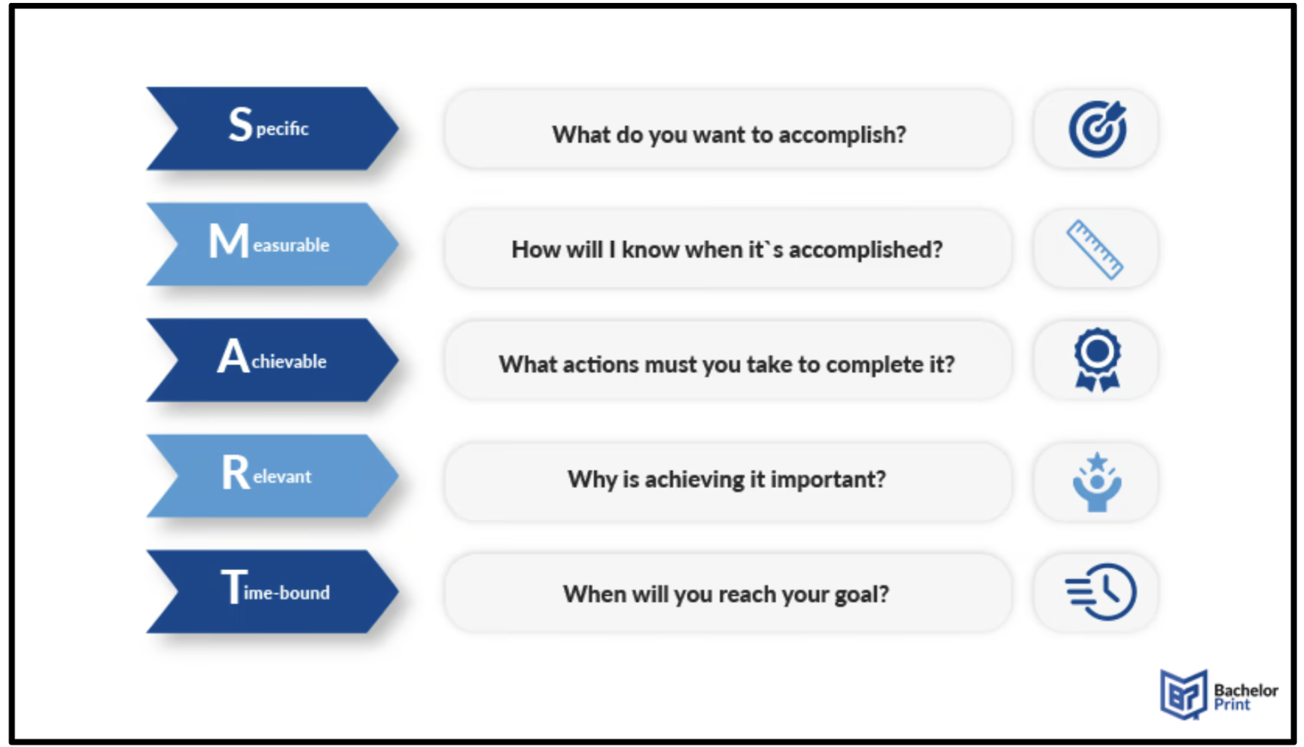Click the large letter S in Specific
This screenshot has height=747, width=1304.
[240, 124]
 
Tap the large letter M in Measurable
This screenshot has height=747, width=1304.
[228, 241]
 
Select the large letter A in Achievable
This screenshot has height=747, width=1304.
[233, 356]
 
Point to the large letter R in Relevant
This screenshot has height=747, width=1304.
[235, 472]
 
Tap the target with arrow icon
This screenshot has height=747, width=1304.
[1098, 129]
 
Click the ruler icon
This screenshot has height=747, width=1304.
[1095, 250]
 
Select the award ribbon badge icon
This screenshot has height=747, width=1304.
[1098, 360]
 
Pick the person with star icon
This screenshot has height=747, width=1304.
[1097, 482]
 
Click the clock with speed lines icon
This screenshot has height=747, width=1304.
[1101, 592]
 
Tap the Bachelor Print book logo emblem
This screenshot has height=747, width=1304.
[1184, 694]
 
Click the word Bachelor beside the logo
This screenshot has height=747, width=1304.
[1246, 690]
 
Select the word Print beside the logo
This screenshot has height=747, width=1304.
[1232, 705]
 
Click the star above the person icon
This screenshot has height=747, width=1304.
[1098, 461]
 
